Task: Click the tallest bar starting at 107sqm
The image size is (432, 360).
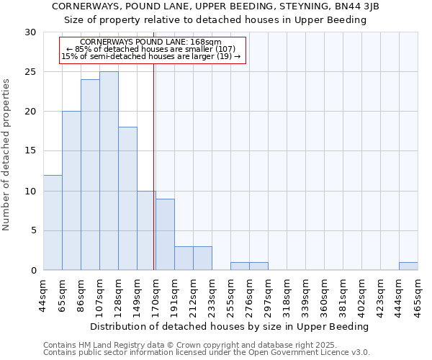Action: (x=109, y=171)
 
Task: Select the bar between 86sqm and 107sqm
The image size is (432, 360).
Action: (x=90, y=175)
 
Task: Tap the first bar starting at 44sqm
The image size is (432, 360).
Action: (x=53, y=222)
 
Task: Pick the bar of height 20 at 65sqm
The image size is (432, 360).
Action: (x=71, y=191)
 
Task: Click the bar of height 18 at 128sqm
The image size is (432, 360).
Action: (x=127, y=199)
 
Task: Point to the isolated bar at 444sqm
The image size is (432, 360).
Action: (x=408, y=266)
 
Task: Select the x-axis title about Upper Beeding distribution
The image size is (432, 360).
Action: (x=230, y=326)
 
